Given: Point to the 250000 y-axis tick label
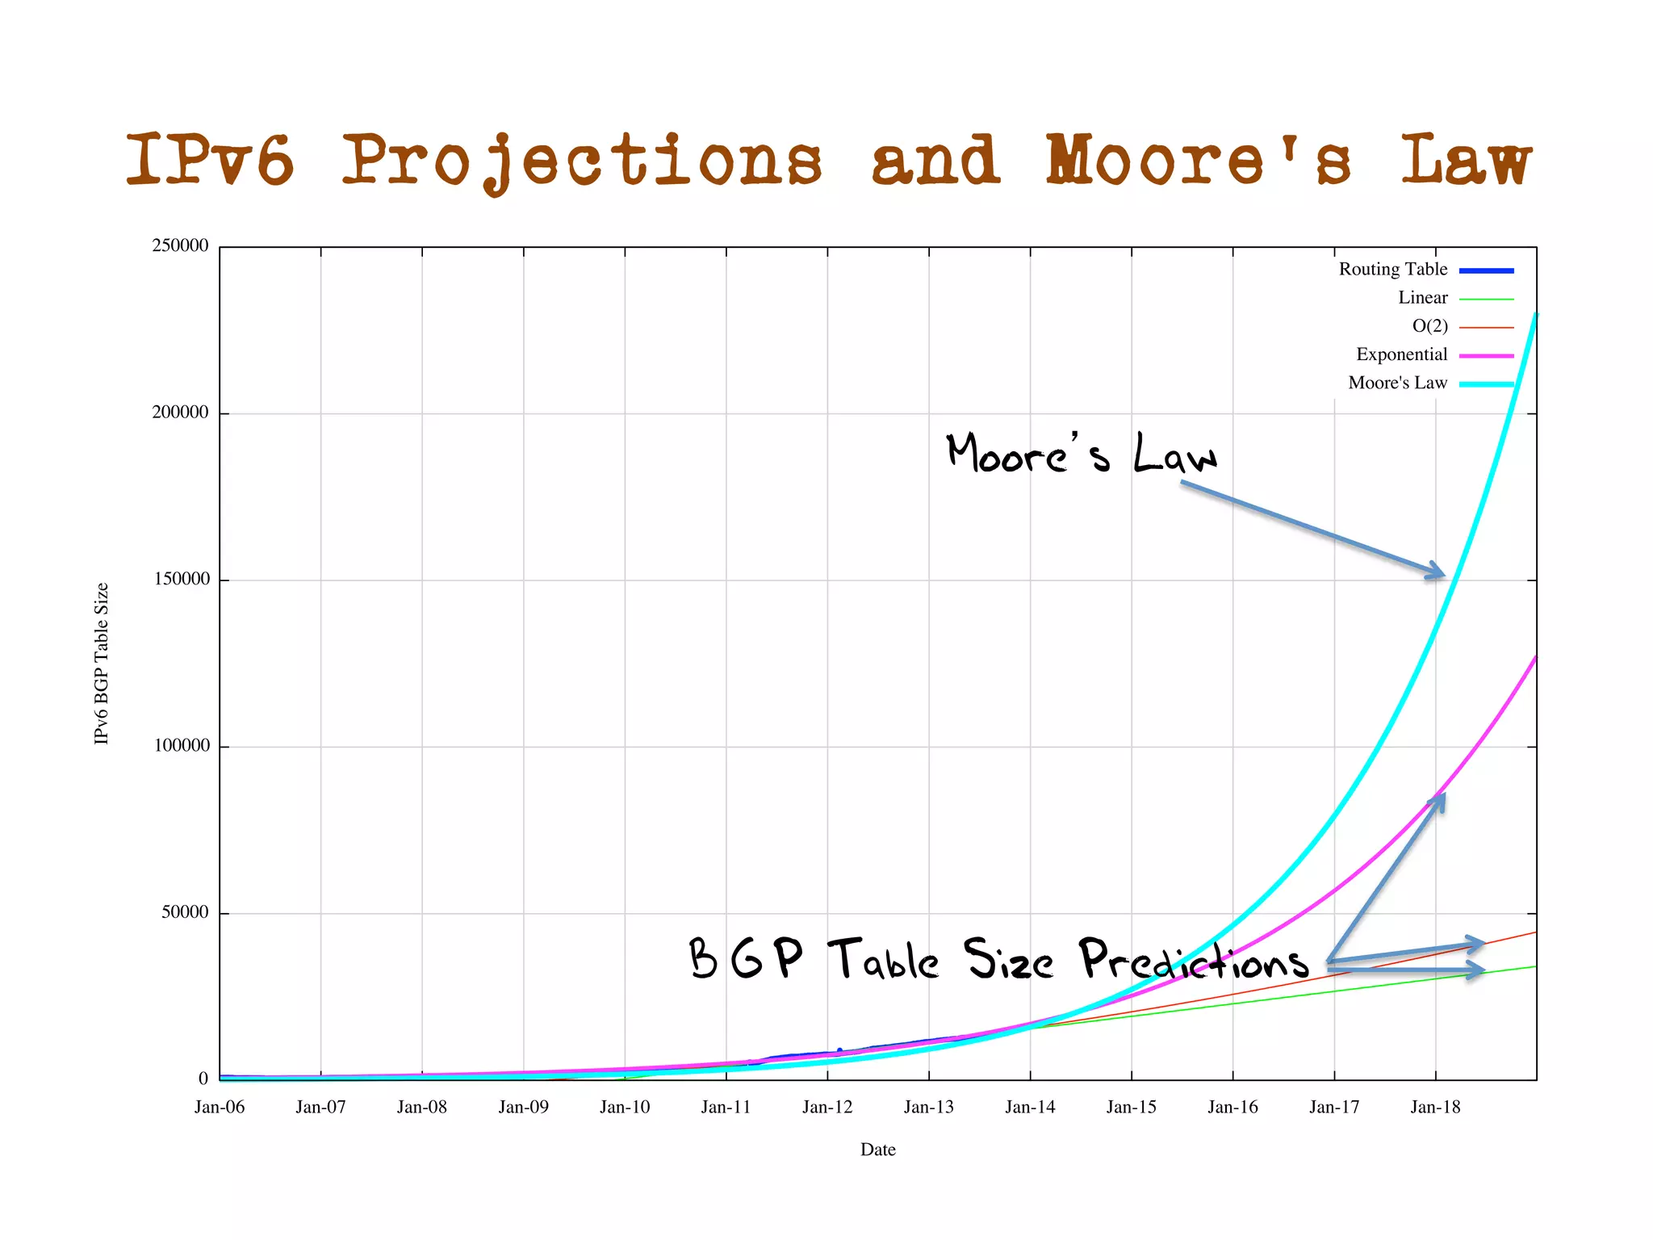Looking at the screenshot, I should click(180, 245).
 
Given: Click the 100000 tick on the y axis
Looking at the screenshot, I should click(180, 746).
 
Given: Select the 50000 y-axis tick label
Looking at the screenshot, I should click(185, 912).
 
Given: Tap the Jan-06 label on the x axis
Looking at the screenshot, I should click(220, 1107).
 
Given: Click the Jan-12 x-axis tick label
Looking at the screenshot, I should click(827, 1107).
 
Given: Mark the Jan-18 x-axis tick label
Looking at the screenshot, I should click(1435, 1107).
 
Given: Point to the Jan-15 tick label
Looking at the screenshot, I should click(1131, 1107).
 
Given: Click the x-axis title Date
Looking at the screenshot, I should click(877, 1150).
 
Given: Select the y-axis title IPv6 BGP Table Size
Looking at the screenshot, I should click(102, 664).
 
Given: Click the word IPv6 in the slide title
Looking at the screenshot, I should click(210, 160).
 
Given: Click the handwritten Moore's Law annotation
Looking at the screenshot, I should click(1082, 454).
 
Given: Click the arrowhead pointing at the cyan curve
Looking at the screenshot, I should click(1437, 571).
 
